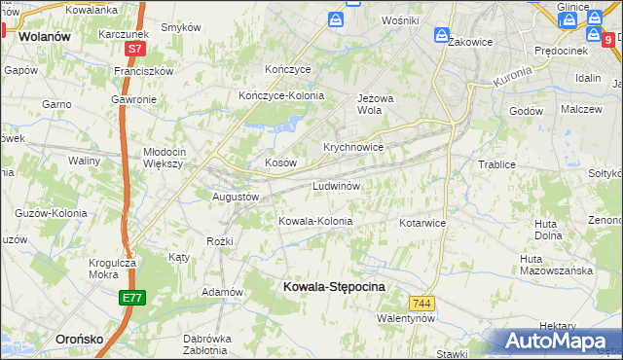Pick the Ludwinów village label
[x=337, y=186]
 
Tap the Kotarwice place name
[x=421, y=223]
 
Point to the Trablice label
[x=496, y=164]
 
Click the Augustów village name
[x=236, y=196]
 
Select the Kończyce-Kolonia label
[x=281, y=95]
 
